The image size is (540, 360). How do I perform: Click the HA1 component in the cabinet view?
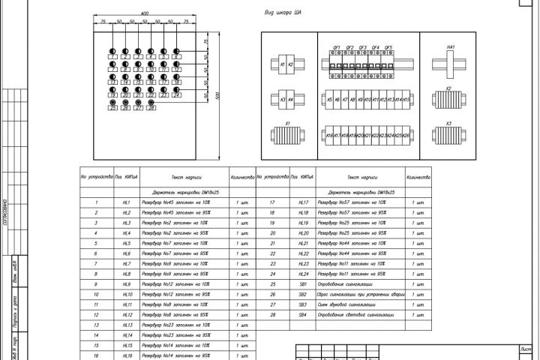[451, 64]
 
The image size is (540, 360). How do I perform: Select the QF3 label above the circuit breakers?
[363, 47]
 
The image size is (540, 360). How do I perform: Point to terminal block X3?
[448, 136]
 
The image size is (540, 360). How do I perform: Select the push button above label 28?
[151, 101]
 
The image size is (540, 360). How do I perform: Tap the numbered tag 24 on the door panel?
[176, 95]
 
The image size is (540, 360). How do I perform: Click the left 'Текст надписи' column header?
[178, 177]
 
